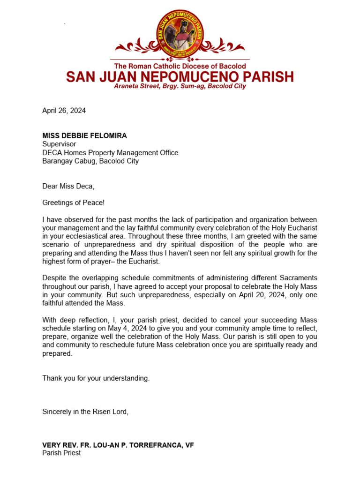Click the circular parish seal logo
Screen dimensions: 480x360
pyautogui.click(x=180, y=34)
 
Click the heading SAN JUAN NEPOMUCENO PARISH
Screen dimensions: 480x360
pyautogui.click(x=180, y=77)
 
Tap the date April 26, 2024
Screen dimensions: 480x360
pyautogui.click(x=64, y=111)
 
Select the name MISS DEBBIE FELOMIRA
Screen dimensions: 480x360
pyautogui.click(x=84, y=136)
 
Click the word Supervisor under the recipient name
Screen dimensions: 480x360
pyautogui.click(x=59, y=144)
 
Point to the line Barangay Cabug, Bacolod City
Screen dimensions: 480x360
pyautogui.click(x=90, y=161)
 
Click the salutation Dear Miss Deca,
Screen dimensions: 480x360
pyautogui.click(x=68, y=186)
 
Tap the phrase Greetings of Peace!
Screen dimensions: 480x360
pyautogui.click(x=74, y=203)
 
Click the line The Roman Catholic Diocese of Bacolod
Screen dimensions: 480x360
pyautogui.click(x=180, y=67)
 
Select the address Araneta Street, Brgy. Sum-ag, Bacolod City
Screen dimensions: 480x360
pyautogui.click(x=180, y=87)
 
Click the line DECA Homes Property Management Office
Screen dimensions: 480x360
pyautogui.click(x=110, y=153)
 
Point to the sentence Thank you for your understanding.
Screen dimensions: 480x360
pyautogui.click(x=96, y=378)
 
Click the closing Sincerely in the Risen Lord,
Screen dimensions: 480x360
pyautogui.click(x=85, y=412)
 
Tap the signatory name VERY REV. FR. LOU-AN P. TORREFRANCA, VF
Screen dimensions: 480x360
pyautogui.click(x=118, y=445)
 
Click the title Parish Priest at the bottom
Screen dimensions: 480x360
pyautogui.click(x=61, y=453)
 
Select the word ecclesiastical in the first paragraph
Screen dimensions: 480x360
pyautogui.click(x=97, y=228)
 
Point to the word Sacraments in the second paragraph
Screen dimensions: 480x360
pyautogui.click(x=299, y=278)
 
